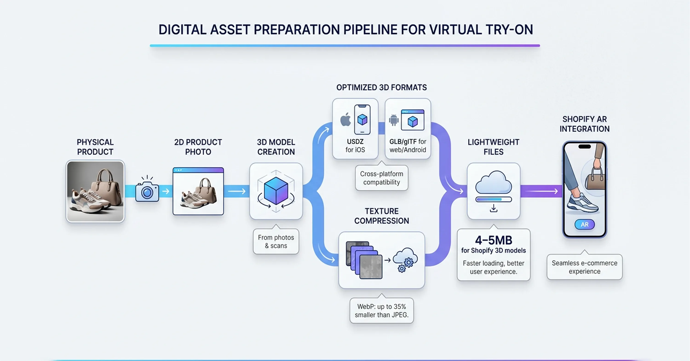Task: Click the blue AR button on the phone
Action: tap(584, 224)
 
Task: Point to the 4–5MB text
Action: tap(493, 240)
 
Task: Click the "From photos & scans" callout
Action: tap(276, 242)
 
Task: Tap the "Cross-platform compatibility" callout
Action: tap(381, 178)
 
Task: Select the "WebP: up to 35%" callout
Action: tap(381, 311)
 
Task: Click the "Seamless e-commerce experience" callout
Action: tap(584, 267)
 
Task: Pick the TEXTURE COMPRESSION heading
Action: tap(381, 216)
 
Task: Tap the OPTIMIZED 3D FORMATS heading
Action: tap(381, 88)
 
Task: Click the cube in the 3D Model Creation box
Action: tap(276, 190)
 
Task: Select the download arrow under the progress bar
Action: tap(493, 208)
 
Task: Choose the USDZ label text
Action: tap(355, 141)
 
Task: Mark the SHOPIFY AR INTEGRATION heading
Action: tap(584, 124)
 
